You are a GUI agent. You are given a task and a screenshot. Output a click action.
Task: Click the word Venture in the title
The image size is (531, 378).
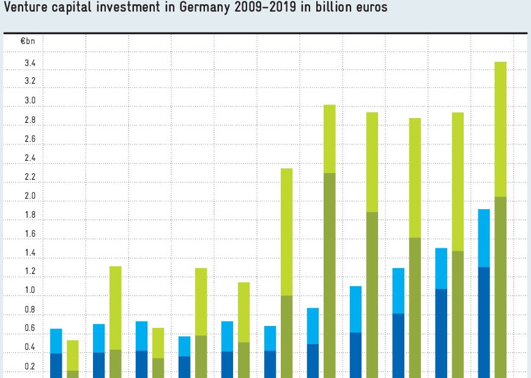click(x=26, y=10)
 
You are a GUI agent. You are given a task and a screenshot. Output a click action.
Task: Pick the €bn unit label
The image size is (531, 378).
click(x=28, y=42)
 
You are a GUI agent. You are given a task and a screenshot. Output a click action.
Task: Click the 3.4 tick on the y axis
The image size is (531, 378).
click(x=29, y=63)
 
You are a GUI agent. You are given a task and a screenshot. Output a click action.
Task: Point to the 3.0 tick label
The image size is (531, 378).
click(x=29, y=101)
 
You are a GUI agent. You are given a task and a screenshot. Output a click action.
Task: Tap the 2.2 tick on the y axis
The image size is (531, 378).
click(x=29, y=177)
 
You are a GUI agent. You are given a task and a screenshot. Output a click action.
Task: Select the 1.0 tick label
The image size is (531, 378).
click(x=29, y=291)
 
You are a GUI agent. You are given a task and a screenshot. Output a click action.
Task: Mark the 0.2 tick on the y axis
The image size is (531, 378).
click(x=29, y=366)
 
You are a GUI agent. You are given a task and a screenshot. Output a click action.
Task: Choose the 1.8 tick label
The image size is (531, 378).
click(x=29, y=215)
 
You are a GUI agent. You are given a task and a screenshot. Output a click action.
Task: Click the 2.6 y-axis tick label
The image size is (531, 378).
click(x=29, y=139)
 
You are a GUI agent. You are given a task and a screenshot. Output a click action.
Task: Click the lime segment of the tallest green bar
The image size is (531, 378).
click(x=500, y=128)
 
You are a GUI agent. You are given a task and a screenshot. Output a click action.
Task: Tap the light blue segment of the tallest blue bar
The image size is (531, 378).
click(x=484, y=238)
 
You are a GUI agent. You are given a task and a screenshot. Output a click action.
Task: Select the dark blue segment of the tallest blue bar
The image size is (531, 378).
click(x=484, y=321)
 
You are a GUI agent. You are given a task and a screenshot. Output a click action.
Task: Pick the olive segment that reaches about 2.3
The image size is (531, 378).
click(x=329, y=275)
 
